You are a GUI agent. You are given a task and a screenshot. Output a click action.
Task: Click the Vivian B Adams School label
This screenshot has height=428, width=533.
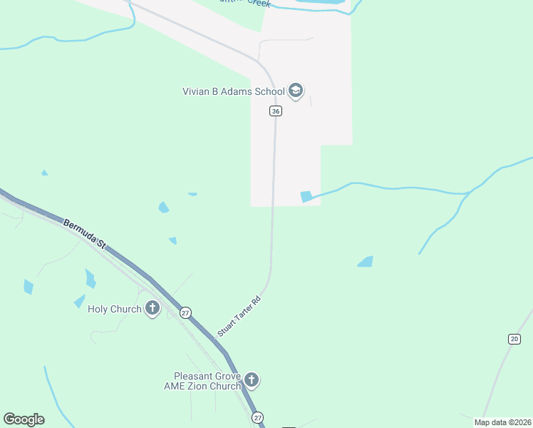tap(232, 91)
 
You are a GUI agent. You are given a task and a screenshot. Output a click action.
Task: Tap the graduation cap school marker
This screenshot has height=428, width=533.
tap(296, 91)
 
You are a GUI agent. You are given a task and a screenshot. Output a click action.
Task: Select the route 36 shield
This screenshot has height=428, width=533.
tap(276, 111)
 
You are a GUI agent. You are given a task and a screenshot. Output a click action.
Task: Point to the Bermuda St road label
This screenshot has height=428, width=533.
tap(85, 234)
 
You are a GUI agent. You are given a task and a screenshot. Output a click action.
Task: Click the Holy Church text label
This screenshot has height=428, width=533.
tap(115, 310)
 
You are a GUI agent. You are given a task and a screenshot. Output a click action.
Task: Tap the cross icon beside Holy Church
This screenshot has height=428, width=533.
tap(152, 308)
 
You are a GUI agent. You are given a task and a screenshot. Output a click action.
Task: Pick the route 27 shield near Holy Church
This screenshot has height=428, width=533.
tap(185, 312)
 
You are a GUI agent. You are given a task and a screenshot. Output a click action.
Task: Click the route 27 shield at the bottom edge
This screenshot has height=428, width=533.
tap(257, 417)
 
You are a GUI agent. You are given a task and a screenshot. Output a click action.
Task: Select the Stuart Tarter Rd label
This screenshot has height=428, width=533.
tap(240, 316)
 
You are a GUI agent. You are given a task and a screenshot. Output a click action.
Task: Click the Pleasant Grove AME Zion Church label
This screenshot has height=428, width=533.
tap(207, 381)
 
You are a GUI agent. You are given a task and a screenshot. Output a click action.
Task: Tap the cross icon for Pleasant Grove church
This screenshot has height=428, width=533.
tap(252, 379)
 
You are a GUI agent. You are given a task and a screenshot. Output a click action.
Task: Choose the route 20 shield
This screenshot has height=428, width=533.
tap(514, 339)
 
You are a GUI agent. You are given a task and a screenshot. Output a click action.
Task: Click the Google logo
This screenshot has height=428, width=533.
tap(24, 419)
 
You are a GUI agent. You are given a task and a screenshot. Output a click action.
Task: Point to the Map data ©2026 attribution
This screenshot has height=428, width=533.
tap(502, 422)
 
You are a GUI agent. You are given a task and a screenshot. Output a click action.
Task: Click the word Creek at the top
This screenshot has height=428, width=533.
tap(258, 3)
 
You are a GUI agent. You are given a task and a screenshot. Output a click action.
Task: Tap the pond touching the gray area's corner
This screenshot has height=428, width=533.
tap(306, 196)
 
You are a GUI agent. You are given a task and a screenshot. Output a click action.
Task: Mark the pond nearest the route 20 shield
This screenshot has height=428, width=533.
tap(365, 262)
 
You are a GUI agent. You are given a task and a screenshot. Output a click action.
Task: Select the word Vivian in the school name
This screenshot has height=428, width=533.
tap(195, 91)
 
